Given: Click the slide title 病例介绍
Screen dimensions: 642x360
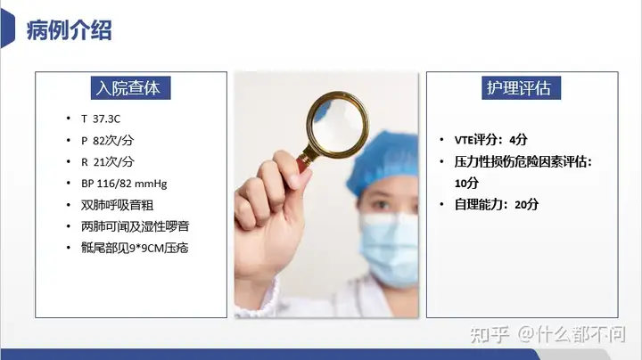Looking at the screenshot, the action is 69,30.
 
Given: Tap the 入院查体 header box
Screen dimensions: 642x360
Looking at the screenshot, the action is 130,88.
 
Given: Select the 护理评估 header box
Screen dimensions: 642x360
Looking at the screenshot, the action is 521,88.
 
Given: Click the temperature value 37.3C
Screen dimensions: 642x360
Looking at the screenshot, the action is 106,119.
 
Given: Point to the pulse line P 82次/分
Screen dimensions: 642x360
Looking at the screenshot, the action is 107,140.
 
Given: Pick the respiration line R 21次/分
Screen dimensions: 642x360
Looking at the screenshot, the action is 107,161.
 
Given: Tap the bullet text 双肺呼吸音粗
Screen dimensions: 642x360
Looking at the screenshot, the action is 117,205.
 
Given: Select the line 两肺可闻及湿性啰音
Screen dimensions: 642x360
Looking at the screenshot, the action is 136,226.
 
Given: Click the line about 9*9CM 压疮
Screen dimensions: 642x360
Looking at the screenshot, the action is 135,248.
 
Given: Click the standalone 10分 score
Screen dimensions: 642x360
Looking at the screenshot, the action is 466,183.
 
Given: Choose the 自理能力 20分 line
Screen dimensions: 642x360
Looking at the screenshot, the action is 497,204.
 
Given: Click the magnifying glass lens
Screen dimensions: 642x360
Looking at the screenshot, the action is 337,124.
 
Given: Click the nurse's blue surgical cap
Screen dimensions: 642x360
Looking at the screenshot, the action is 383,160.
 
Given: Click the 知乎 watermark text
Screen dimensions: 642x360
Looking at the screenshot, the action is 490,335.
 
